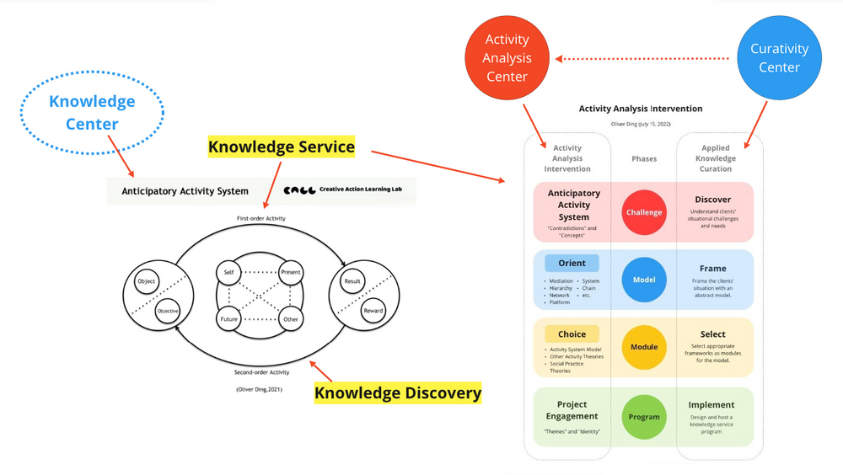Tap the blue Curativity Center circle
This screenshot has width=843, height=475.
pyautogui.click(x=779, y=58)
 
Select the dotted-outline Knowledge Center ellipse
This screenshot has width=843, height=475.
pyautogui.click(x=92, y=113)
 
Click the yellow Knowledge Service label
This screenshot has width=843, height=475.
pyautogui.click(x=282, y=147)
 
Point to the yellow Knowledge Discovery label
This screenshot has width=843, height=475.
pyautogui.click(x=398, y=392)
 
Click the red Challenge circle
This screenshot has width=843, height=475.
pyautogui.click(x=644, y=212)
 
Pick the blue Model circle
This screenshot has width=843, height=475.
pyautogui.click(x=644, y=280)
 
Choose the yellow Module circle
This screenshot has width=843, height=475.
pyautogui.click(x=644, y=347)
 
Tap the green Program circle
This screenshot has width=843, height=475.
pyautogui.click(x=644, y=417)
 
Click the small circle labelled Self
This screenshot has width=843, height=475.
pyautogui.click(x=228, y=273)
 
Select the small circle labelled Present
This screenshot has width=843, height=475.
pyautogui.click(x=291, y=273)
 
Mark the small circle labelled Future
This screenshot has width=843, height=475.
pyautogui.click(x=228, y=320)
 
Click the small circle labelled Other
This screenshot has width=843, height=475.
pyautogui.click(x=291, y=320)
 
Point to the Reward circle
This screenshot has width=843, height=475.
pyautogui.click(x=373, y=310)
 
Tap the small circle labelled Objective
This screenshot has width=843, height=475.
pyautogui.click(x=168, y=311)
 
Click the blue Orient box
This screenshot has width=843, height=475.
pyautogui.click(x=572, y=263)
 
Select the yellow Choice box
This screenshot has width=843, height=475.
pyautogui.click(x=572, y=334)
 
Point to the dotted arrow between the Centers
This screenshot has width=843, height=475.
pyautogui.click(x=645, y=59)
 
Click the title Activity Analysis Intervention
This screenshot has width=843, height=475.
pyautogui.click(x=640, y=109)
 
